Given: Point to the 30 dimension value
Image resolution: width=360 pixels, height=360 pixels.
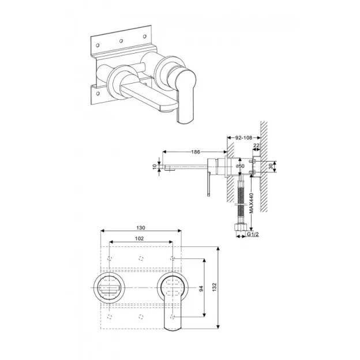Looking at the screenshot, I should pos(272,166).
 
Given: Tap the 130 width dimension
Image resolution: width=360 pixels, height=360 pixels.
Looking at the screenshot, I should pos(142,228).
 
